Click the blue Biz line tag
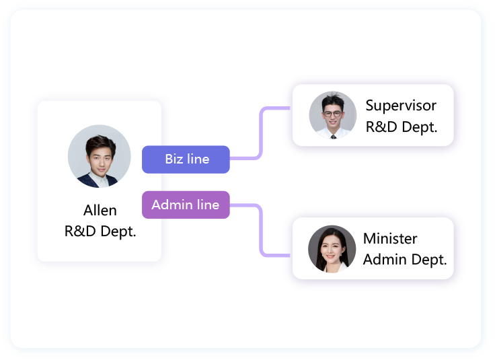coord(186,159)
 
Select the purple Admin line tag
coord(186,205)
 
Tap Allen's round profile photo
coord(100,156)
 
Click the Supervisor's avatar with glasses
coord(332,114)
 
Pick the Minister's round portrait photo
coord(332,248)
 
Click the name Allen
coord(100,211)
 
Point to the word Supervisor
coord(401,106)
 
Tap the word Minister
coord(390,239)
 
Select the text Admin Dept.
coord(405,260)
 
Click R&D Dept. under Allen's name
coord(100,231)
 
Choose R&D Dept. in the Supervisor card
coord(402,126)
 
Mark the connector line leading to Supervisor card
coord(261,131)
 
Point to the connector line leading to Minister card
coord(261,232)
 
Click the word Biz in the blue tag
coord(174,159)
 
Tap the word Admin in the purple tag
coord(168,205)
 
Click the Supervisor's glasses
coord(333,112)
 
